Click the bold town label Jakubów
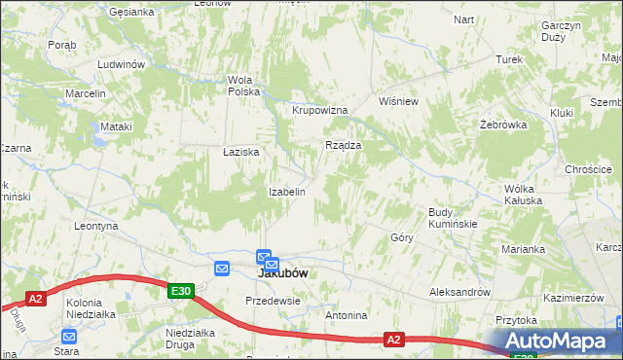coord(283,273)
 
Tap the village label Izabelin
coord(287,192)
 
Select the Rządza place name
coord(344,145)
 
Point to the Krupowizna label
coord(320,110)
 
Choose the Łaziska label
coord(240,152)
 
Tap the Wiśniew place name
coord(398,101)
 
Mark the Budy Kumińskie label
coord(453,218)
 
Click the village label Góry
coord(402,237)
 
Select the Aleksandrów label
coord(460,292)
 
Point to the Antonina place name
coord(347,315)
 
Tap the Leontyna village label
coord(95,226)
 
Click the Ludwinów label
coord(121,64)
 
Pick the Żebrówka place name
coord(503,125)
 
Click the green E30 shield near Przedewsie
coord(180,290)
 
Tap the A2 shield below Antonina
coord(393,339)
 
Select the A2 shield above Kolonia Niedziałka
coord(36,299)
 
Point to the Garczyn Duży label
coord(562,31)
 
